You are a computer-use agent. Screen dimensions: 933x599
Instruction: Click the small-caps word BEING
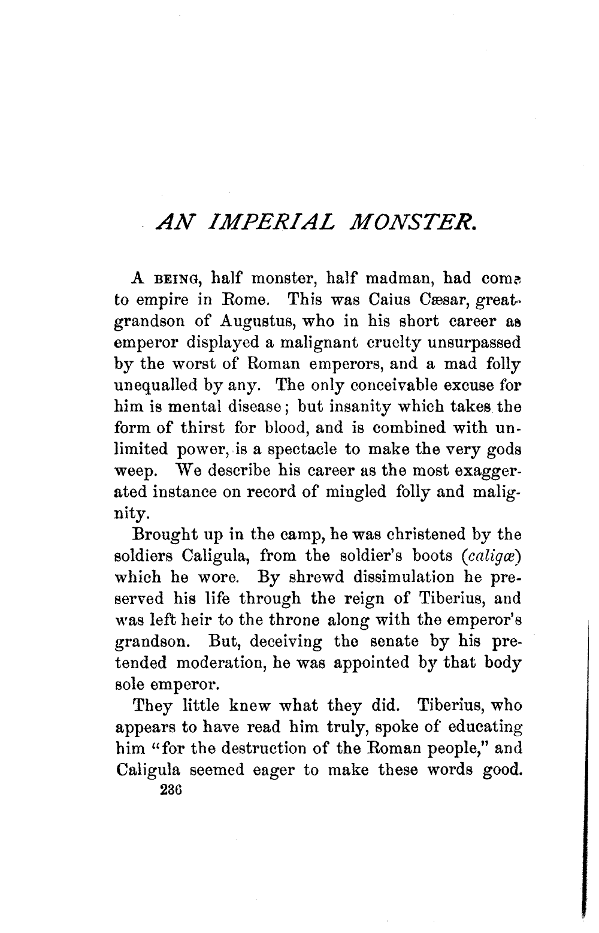click(x=177, y=279)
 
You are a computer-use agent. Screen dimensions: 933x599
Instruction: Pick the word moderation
click(x=220, y=663)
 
